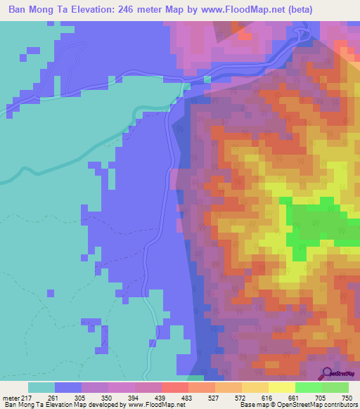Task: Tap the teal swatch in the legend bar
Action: tap(41, 387)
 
